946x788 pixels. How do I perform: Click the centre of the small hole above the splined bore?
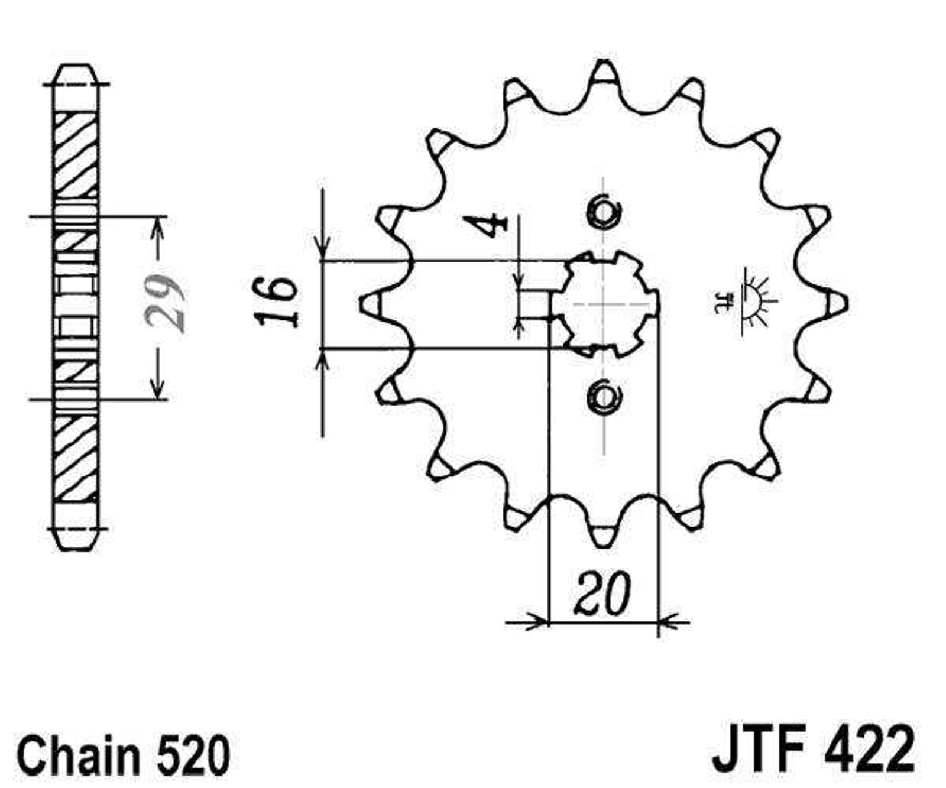tap(603, 211)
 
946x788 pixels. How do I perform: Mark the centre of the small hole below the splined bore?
tap(603, 395)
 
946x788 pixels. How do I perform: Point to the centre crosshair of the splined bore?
tap(604, 304)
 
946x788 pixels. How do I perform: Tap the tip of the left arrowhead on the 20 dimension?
tap(549, 622)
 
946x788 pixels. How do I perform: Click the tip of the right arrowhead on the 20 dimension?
tap(658, 622)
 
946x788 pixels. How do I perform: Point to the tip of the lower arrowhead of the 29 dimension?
tap(157, 399)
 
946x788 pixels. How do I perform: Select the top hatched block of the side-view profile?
tap(76, 155)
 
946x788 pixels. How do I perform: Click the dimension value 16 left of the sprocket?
tap(276, 301)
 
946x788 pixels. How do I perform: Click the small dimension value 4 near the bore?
tap(486, 226)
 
